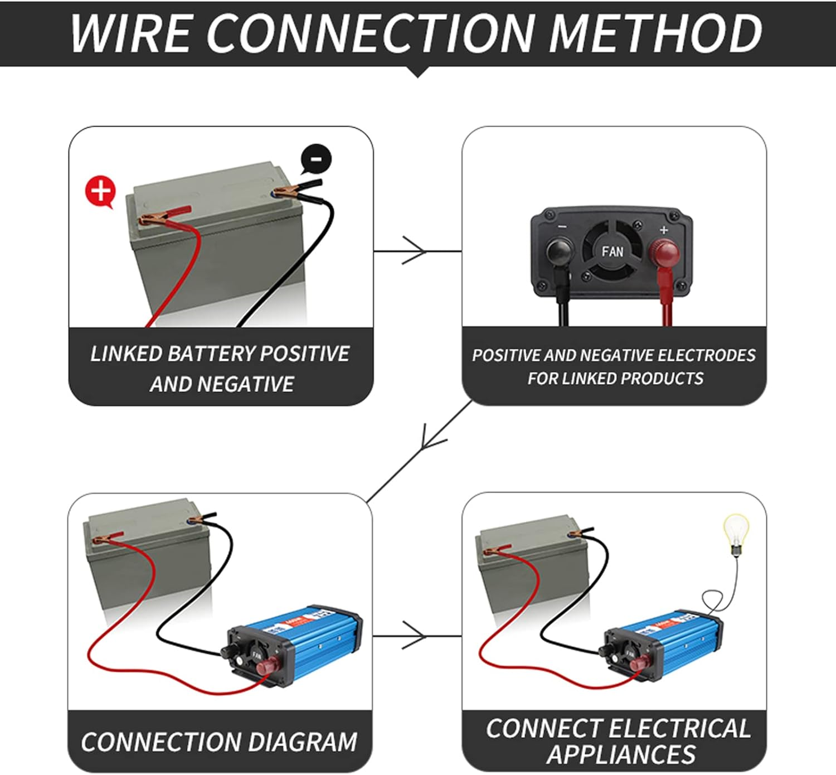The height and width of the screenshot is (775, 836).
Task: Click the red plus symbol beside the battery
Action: (100, 191)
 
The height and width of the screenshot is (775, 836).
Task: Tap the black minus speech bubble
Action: (316, 159)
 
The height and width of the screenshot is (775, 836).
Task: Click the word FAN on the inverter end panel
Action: (612, 252)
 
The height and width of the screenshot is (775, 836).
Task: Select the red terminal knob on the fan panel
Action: (665, 253)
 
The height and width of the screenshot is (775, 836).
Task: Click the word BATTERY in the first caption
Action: (211, 353)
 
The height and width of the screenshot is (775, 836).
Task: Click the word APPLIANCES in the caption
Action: (621, 754)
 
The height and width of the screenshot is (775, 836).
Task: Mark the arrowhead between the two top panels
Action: (415, 251)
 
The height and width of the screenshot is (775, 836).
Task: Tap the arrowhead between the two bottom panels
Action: (415, 636)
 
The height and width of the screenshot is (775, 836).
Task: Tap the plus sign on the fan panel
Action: (663, 230)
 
